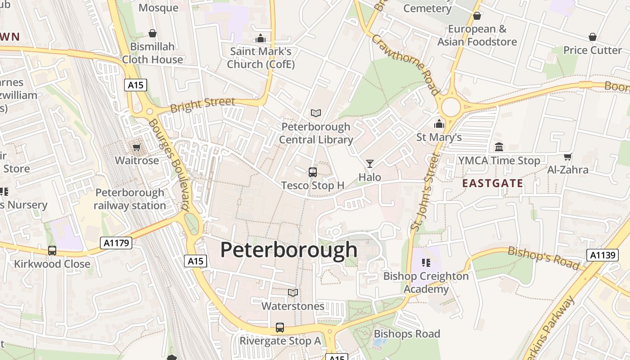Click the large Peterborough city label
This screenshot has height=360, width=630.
click(288, 250)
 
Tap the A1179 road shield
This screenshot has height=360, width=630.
click(117, 243)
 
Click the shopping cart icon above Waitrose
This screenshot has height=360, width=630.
click(136, 148)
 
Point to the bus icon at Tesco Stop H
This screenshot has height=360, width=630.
click(312, 172)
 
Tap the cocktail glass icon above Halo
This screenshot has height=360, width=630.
click(370, 164)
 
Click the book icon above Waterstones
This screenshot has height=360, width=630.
click(293, 293)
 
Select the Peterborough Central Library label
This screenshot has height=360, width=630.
click(316, 133)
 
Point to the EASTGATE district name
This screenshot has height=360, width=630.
click(492, 183)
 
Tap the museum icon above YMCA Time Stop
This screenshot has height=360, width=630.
click(499, 147)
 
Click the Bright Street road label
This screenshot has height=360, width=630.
click(202, 104)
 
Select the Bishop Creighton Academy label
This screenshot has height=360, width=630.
click(426, 283)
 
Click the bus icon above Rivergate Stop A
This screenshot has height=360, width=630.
click(280, 328)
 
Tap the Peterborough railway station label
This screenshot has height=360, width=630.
click(130, 199)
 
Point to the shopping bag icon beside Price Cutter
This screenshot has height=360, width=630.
click(593, 37)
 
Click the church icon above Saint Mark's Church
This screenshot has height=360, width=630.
click(261, 39)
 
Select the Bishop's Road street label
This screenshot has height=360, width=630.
click(544, 258)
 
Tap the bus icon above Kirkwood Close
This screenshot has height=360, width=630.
click(52, 251)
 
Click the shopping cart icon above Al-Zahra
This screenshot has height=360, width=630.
click(567, 157)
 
